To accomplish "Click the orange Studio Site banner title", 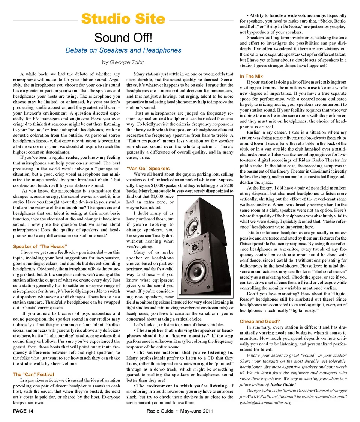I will pos(123,18).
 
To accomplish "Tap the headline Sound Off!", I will pos(123,38).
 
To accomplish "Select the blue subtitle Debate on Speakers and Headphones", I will pos(123,50).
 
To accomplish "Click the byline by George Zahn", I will pos(123,62).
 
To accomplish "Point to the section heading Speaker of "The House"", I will pos(40,246).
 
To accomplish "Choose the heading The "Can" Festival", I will pos(33,374).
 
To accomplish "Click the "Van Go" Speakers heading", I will pos(148,169).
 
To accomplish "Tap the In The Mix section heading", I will pos(251,77).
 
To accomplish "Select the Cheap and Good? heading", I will pos(259,321).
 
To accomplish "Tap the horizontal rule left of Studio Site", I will pos(45,19).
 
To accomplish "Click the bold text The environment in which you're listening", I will pos(181,386).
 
